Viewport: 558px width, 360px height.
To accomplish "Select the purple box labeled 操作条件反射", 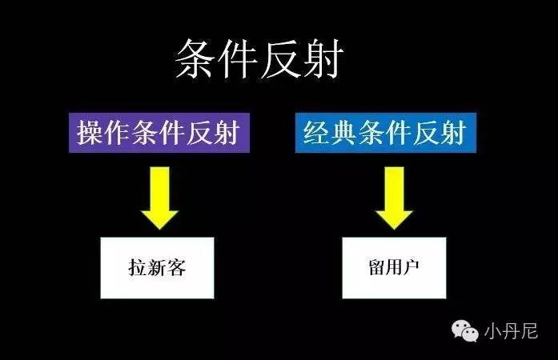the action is [158, 132].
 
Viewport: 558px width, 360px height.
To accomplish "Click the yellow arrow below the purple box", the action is [159, 196].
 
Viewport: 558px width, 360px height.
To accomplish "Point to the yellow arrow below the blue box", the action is [392, 196].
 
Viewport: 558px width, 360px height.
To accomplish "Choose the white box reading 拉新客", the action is [157, 267].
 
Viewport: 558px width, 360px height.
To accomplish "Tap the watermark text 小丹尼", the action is [512, 330].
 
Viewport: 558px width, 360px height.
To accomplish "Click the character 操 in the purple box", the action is [91, 132].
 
